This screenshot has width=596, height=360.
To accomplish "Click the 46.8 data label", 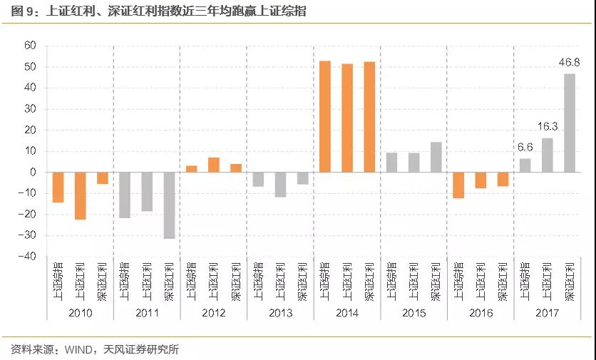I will pos(569,63).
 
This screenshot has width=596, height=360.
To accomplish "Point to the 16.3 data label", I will pos(547,127).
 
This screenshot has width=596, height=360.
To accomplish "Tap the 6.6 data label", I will pos(525,148).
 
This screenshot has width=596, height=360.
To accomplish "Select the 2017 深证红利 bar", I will pos(569,123).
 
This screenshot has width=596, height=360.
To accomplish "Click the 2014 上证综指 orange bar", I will pos(324,116).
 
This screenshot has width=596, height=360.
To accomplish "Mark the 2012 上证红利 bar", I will pos(213,165).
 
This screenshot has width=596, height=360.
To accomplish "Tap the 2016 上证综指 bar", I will pos(458,185).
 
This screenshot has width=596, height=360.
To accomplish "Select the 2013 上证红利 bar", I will pos(280,184).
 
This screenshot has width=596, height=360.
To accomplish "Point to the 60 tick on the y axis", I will pos(30,46).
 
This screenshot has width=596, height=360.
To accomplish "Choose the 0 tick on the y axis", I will pos(33,173).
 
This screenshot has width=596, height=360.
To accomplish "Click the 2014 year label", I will pos(346,313).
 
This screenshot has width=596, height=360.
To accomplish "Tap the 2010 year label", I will pos(80,313).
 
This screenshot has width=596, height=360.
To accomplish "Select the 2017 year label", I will pos(547,313).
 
